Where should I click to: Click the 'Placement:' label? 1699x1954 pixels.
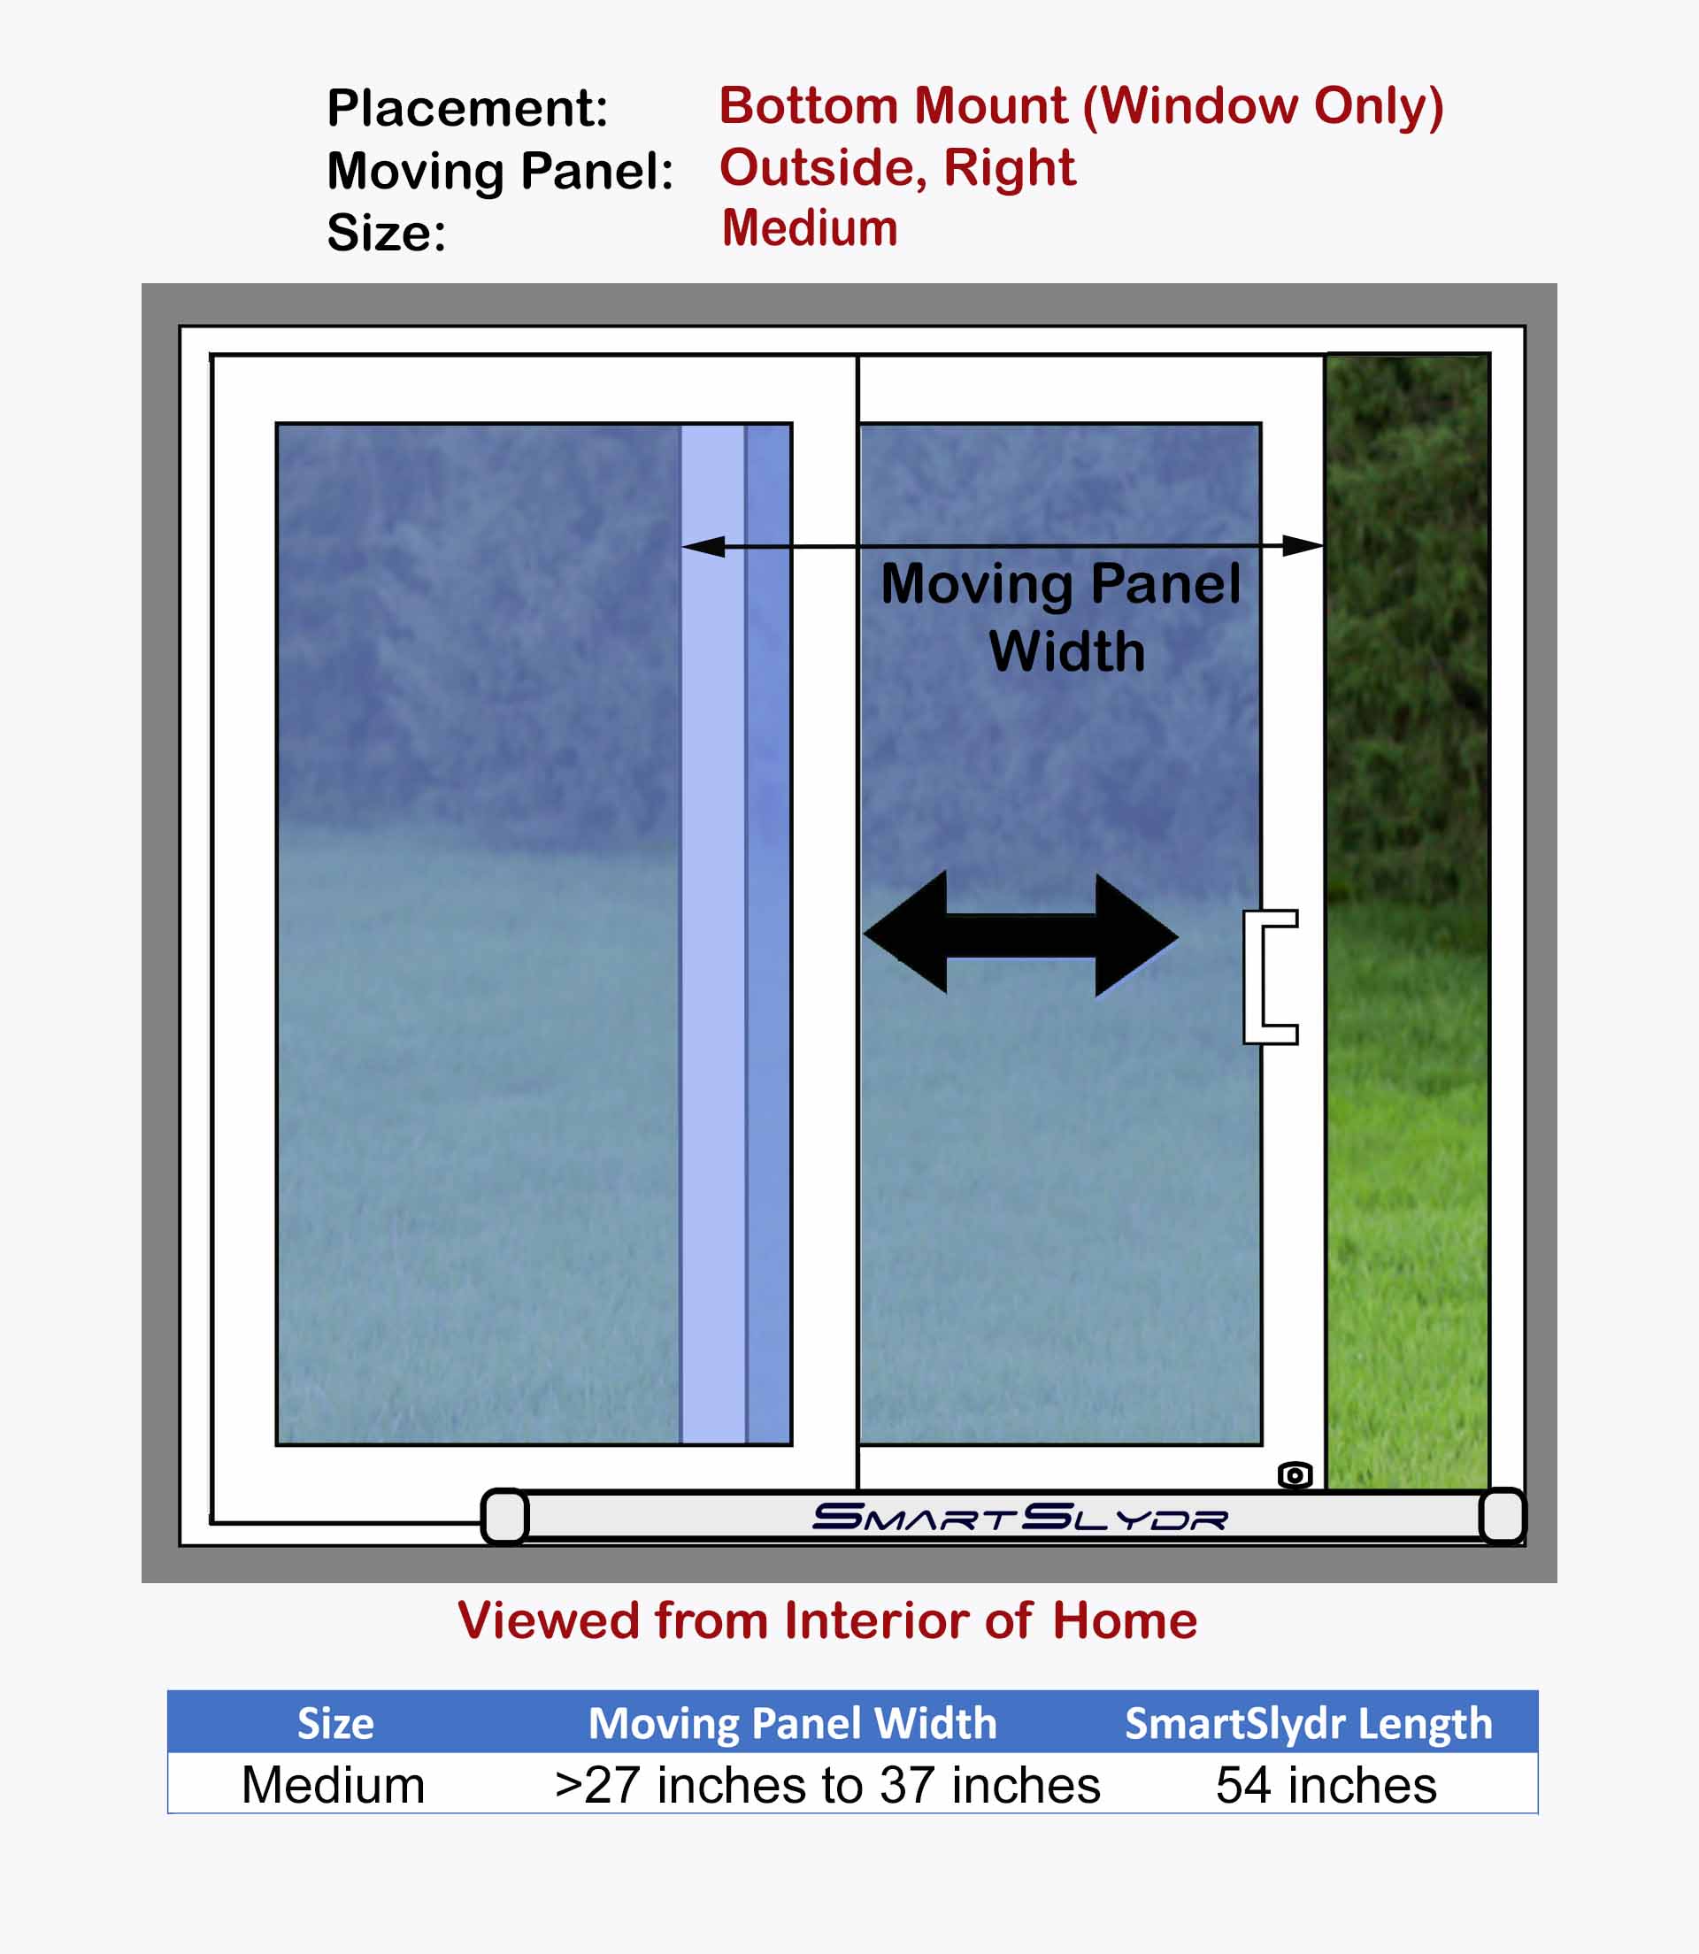(x=467, y=108)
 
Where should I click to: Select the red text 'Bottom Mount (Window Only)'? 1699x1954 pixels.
(x=1080, y=107)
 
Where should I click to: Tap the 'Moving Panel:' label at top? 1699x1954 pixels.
(x=501, y=173)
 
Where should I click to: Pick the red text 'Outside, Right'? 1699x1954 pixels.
(x=898, y=168)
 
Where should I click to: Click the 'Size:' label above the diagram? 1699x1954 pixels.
(x=386, y=234)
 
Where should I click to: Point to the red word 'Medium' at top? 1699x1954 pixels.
(x=810, y=228)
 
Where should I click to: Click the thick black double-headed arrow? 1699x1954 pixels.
(x=1021, y=935)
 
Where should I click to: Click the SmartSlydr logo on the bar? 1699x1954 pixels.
(x=1020, y=1517)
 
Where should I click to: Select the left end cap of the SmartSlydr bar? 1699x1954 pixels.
(x=504, y=1517)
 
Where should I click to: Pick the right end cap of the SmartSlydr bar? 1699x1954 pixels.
(x=1503, y=1517)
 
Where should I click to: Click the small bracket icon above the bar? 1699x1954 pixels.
(x=1295, y=1475)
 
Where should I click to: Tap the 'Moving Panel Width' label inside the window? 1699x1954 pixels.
(x=1061, y=617)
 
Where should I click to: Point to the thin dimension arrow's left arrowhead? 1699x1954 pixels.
(x=703, y=546)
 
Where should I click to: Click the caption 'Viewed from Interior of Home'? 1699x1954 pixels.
(x=826, y=1619)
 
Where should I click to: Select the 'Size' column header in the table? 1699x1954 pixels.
(x=335, y=1723)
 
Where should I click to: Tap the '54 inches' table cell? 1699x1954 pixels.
(x=1326, y=1785)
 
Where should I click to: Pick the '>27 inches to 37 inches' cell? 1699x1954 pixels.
(x=826, y=1786)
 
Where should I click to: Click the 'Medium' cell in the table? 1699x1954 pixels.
(x=333, y=1786)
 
